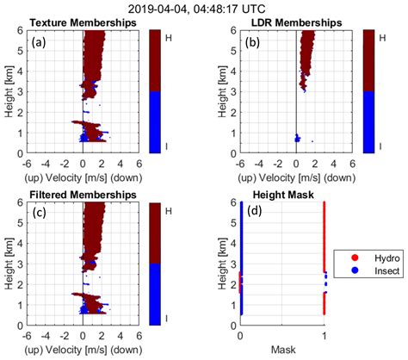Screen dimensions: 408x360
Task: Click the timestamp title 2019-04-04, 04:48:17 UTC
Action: [196, 9]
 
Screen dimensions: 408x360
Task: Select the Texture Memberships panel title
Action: [83, 22]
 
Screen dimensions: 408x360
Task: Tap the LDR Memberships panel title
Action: [297, 22]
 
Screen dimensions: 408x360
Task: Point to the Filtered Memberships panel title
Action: [83, 195]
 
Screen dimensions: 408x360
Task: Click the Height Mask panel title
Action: [283, 195]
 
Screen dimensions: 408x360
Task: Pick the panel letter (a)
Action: [39, 42]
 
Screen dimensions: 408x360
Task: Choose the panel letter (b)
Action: [252, 42]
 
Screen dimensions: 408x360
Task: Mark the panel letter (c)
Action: [39, 213]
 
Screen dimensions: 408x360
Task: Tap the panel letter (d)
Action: [255, 211]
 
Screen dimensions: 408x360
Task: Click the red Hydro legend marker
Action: [355, 258]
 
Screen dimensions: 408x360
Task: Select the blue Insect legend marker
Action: [355, 270]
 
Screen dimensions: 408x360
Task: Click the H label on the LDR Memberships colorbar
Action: [382, 38]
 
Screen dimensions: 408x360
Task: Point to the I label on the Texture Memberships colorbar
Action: [166, 146]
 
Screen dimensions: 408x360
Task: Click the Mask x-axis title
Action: [283, 350]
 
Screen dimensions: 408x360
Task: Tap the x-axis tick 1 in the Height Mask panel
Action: [325, 336]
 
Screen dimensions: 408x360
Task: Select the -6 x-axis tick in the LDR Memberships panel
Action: [240, 164]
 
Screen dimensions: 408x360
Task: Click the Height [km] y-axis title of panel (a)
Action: [9, 91]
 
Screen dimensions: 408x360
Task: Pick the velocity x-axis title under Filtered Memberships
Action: [83, 350]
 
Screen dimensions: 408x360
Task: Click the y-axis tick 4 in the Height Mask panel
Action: [233, 244]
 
